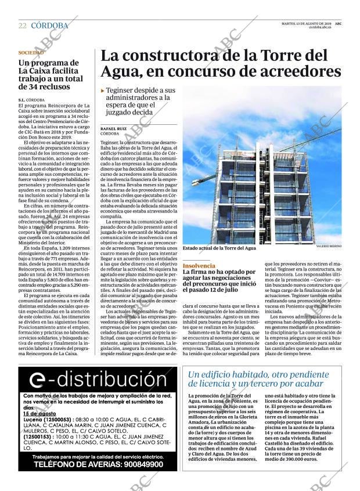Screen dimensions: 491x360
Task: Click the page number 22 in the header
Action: pyautogui.click(x=23, y=26)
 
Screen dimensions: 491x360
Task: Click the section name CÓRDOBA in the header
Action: pyautogui.click(x=49, y=26)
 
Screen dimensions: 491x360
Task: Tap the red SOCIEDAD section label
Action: pyautogui.click(x=31, y=53)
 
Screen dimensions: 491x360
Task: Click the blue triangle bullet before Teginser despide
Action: pyautogui.click(x=103, y=91)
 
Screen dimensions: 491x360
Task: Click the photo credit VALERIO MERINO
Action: pyautogui.click(x=329, y=247)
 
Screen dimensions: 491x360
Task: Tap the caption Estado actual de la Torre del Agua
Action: pyautogui.click(x=219, y=248)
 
